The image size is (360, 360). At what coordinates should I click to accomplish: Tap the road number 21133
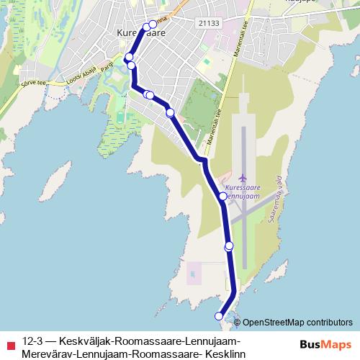(x=207, y=23)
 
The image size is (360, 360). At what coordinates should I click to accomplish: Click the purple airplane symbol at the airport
(x=242, y=177)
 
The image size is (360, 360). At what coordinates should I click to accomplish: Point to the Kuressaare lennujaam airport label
(x=242, y=190)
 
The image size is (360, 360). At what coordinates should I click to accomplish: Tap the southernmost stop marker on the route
(x=220, y=315)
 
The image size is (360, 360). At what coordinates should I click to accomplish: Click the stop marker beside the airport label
(x=223, y=195)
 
